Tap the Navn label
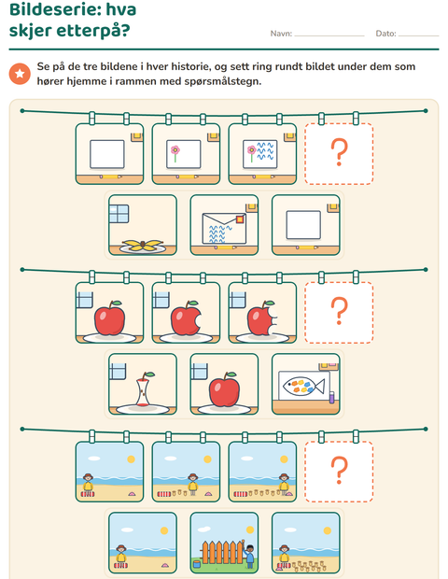point(281,34)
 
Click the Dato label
point(385,34)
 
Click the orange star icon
point(20,74)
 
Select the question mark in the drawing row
point(339,152)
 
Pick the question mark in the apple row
point(339,311)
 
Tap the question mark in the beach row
point(339,470)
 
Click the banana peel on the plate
point(143,246)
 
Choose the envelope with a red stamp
point(224,229)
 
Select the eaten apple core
point(143,389)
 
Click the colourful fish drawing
point(303,386)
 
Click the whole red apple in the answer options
point(224,389)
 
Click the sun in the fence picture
point(250,530)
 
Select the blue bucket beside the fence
point(197,564)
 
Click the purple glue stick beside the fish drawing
point(331,397)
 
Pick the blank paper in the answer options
point(303,224)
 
